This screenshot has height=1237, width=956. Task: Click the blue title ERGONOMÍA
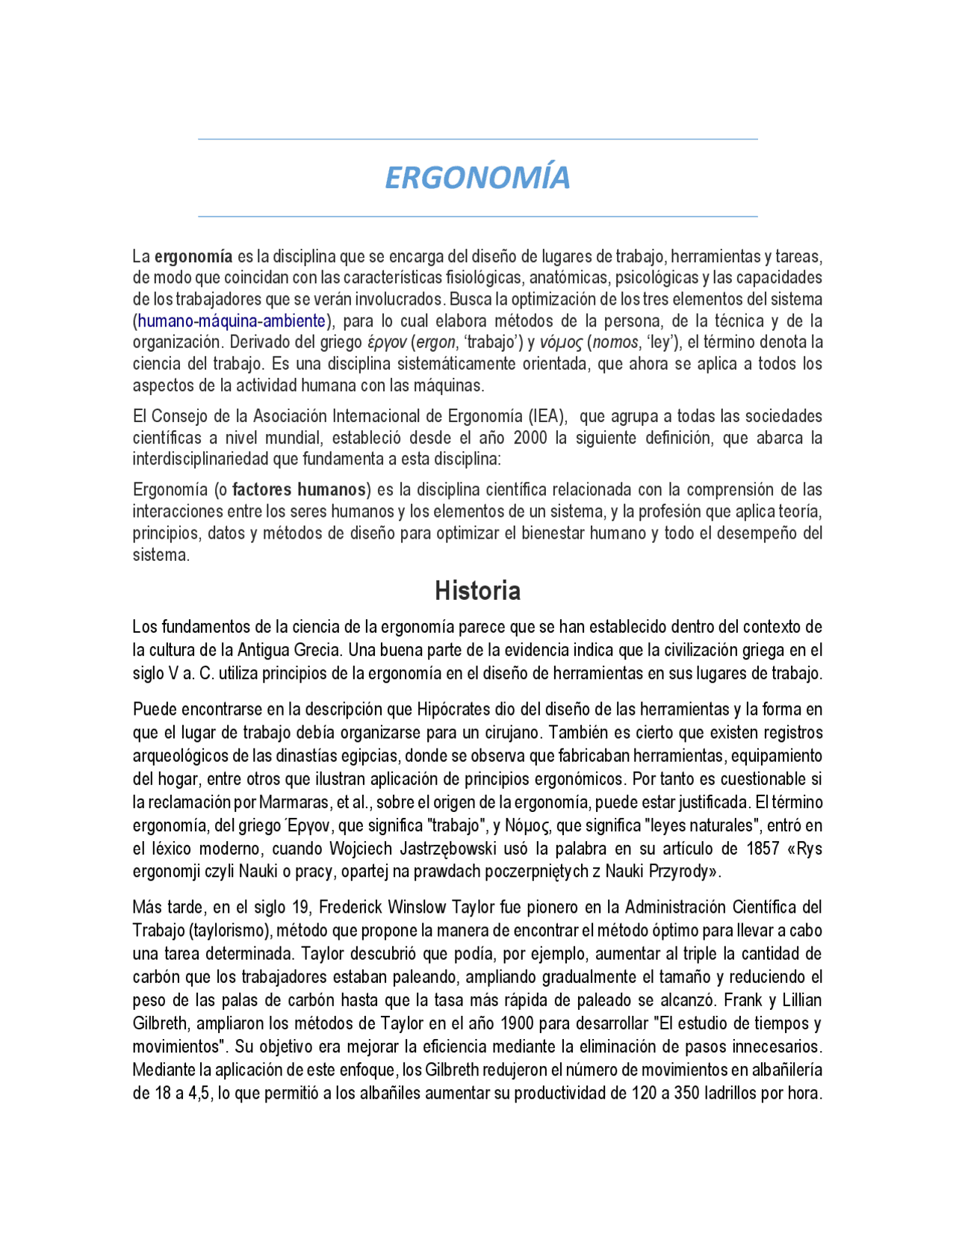click(x=477, y=178)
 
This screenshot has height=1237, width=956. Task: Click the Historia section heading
click(x=477, y=591)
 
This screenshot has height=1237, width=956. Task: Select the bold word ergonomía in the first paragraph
click(x=193, y=257)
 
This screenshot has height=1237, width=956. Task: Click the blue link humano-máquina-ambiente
click(x=232, y=321)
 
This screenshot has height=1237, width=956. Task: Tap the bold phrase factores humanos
click(x=299, y=490)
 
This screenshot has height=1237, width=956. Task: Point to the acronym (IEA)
click(x=547, y=416)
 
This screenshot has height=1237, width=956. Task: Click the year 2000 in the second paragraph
click(x=530, y=438)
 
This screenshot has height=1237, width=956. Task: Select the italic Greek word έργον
click(x=386, y=343)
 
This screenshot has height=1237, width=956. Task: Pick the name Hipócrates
click(x=459, y=709)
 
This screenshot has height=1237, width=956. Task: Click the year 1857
click(x=763, y=849)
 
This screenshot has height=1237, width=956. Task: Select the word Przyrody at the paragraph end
click(x=680, y=872)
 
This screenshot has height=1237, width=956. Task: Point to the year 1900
click(x=517, y=1023)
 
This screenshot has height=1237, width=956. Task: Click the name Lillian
click(x=800, y=1000)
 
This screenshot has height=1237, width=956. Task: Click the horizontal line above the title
click(x=477, y=139)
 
